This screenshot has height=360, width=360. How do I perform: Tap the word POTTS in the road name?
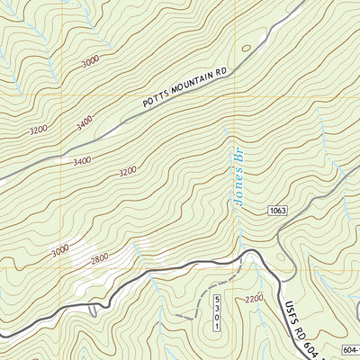tap(158, 102)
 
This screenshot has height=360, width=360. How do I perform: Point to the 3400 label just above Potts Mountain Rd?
tap(85, 122)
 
